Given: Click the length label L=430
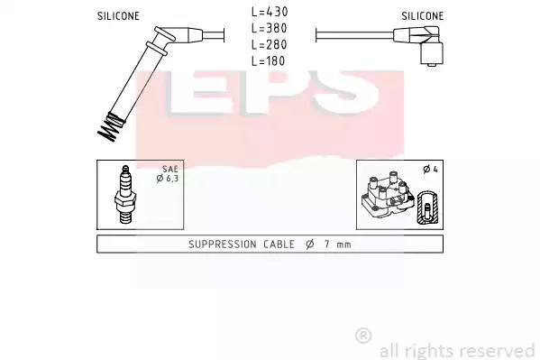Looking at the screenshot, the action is point(270,12).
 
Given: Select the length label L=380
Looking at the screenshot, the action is point(270,28).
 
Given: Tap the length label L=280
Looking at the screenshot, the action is point(270,44).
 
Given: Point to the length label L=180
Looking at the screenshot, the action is point(269,61).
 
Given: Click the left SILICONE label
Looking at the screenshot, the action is point(118,16).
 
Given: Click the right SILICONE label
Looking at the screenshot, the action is point(423,16).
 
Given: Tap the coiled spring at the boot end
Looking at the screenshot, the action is point(110,127).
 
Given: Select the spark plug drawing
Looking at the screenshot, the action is point(125,195).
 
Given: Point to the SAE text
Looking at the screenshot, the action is point(170,169).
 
